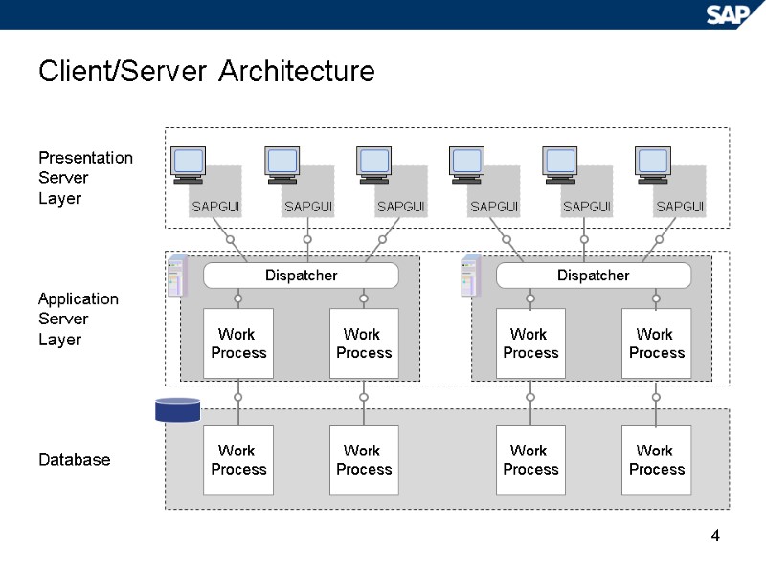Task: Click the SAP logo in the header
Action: click(x=730, y=13)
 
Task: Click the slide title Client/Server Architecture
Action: click(x=206, y=72)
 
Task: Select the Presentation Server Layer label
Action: click(x=85, y=178)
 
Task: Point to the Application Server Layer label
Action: click(x=79, y=319)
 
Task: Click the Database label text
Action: click(x=74, y=460)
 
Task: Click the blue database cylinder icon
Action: click(x=177, y=410)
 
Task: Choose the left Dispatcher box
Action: click(x=301, y=276)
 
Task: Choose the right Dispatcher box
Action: click(x=594, y=276)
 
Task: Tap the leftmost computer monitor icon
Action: click(x=188, y=164)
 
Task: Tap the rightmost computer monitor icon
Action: click(x=653, y=164)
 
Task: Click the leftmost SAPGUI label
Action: click(x=215, y=207)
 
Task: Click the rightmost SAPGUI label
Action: click(x=680, y=207)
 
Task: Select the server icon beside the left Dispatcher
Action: click(x=176, y=276)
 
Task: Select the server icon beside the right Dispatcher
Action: click(x=470, y=276)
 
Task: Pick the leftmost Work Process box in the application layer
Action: click(x=238, y=343)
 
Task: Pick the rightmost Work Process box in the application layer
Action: click(x=656, y=343)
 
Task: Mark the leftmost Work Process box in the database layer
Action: click(x=238, y=460)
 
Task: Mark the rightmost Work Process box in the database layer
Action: click(x=656, y=460)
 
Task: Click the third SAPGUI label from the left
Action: click(x=401, y=207)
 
